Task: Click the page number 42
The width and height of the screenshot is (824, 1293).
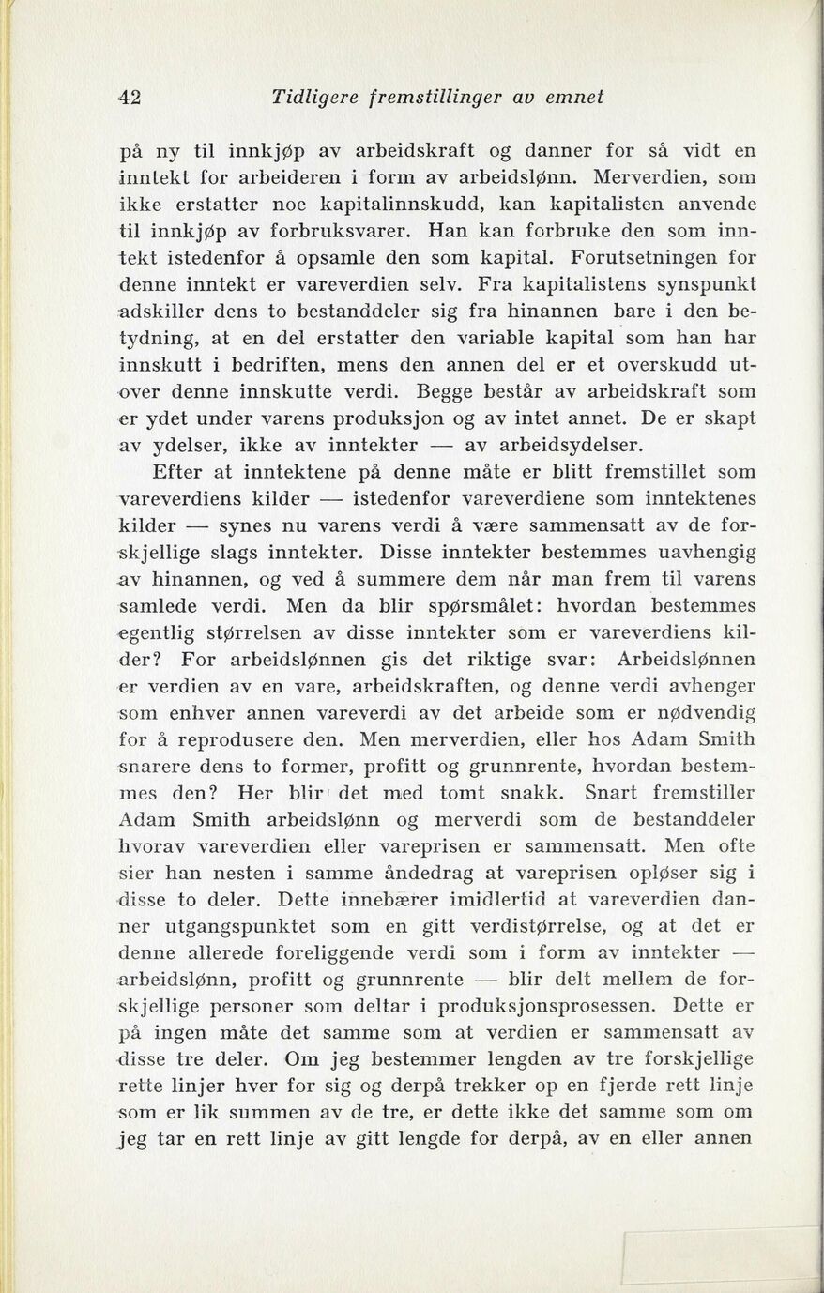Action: pos(127,96)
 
